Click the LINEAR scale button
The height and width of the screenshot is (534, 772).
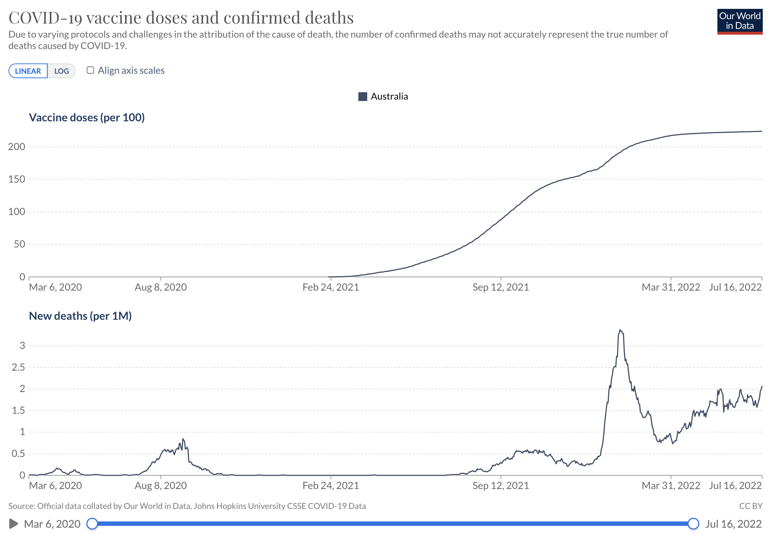pos(28,71)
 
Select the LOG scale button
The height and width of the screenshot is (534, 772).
pos(62,71)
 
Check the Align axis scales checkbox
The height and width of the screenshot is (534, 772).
pos(90,70)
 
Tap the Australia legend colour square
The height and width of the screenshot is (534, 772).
pos(363,97)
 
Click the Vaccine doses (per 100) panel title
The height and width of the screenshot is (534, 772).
pos(87,118)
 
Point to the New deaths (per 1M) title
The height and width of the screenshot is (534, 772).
pos(80,316)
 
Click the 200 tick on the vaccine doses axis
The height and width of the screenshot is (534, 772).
pos(17,147)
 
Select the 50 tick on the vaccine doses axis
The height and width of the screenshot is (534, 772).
pos(19,244)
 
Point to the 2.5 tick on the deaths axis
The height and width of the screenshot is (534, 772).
pos(18,367)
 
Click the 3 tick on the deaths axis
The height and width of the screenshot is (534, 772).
pos(23,346)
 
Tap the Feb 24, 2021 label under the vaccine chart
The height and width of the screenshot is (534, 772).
pos(331,287)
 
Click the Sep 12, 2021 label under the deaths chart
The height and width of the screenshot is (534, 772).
pos(501,486)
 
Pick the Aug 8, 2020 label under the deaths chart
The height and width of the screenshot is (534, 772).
pos(161,486)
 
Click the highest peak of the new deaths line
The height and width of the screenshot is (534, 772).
pos(620,330)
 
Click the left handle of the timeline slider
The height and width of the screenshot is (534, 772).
pos(92,524)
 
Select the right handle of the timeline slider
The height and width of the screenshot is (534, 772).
pos(693,524)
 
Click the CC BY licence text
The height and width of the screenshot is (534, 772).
pos(751,506)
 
